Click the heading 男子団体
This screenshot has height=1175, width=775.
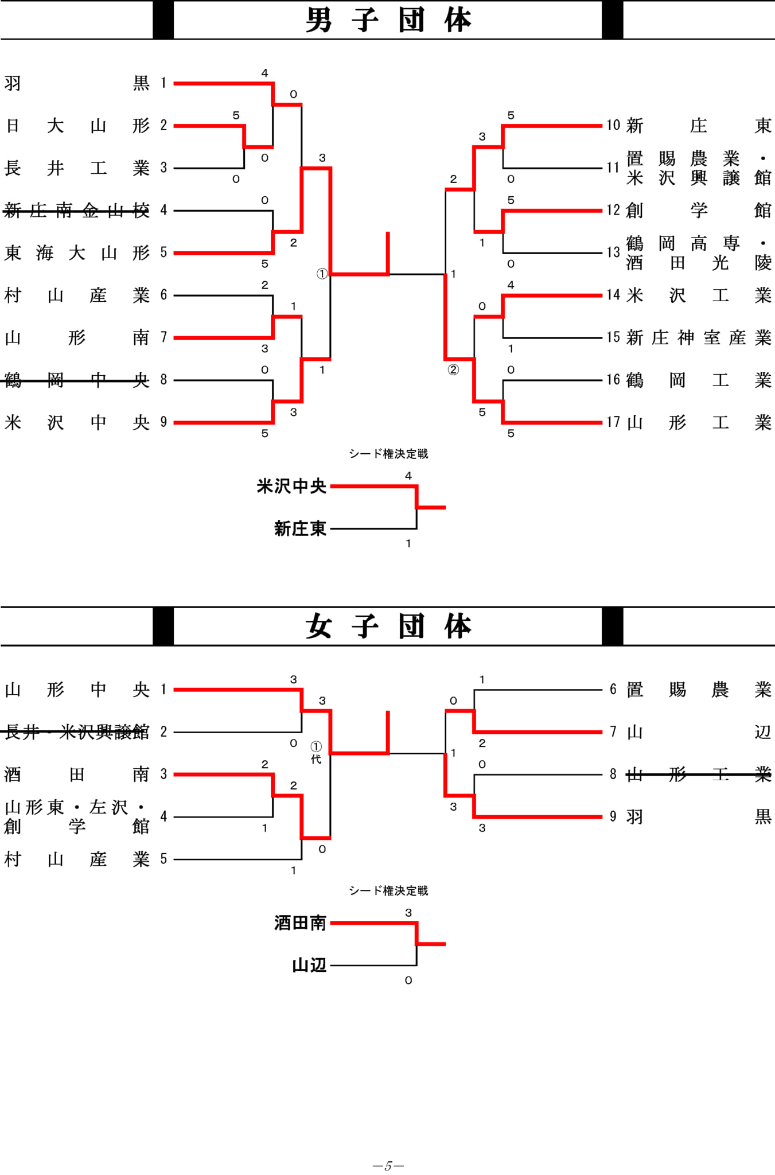coord(388,20)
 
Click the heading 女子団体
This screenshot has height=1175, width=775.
coord(388,626)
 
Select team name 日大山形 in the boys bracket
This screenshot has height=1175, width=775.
coord(77,126)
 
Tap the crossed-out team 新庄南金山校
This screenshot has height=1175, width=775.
coord(77,211)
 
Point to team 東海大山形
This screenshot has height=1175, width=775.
coord(77,253)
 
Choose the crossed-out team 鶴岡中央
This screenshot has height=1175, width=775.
coord(77,380)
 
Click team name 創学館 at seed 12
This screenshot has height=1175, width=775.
coord(699,211)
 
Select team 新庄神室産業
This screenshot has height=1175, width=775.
coord(699,337)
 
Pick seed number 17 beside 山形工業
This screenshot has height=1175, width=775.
coord(613,422)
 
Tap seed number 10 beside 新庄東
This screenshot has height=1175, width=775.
coord(613,125)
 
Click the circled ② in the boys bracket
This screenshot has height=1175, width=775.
coord(453,370)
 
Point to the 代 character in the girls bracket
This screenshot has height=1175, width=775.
coord(316,759)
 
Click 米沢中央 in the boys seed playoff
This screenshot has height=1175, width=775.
coord(291,487)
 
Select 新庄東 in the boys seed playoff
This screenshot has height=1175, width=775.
coord(300,528)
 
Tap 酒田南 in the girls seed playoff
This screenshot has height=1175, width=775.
coord(300,923)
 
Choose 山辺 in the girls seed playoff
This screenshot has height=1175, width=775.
coord(309,966)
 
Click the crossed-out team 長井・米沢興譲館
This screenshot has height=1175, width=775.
coord(77,732)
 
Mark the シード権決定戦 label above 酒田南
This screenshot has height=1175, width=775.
coord(388,890)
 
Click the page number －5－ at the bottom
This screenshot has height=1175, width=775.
coord(388,1166)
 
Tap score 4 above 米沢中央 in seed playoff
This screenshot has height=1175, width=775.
coord(408,476)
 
